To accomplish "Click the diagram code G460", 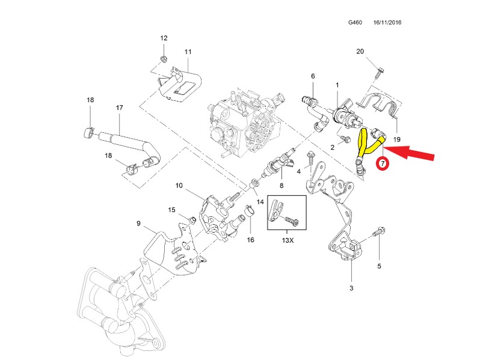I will (x=355, y=22).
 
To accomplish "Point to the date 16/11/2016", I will (x=387, y=22).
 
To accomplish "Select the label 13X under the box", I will (x=287, y=240).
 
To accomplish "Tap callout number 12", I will (x=164, y=38).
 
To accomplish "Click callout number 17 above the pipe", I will (x=119, y=108).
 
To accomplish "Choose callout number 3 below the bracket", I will (x=352, y=288).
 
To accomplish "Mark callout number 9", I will (x=138, y=224).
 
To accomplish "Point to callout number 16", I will (x=251, y=240).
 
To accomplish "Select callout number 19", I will (x=396, y=139).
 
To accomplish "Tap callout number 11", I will (x=188, y=52).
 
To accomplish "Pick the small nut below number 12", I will (x=164, y=58).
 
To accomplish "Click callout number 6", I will (x=313, y=76).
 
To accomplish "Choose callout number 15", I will (x=171, y=210).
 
